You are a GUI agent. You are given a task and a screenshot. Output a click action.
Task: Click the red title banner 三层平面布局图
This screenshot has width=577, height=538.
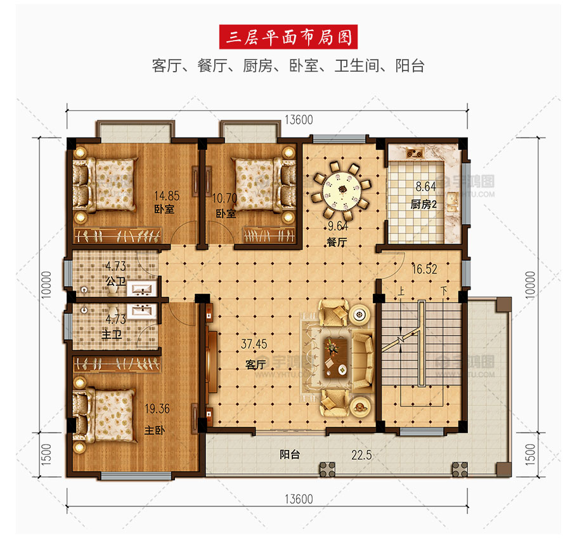(288, 37)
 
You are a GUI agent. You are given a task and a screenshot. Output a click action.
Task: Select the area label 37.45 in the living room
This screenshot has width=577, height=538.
(254, 344)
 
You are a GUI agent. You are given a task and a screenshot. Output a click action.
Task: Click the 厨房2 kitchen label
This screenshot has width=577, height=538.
(424, 204)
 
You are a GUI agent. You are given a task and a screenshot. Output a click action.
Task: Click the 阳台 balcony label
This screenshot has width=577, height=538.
(290, 454)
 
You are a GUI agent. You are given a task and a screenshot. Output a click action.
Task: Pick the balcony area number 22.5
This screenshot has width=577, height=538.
(361, 455)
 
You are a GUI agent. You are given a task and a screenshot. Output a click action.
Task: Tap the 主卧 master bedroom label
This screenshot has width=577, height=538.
(155, 430)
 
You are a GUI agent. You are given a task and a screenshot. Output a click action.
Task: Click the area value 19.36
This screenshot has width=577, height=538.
(157, 409)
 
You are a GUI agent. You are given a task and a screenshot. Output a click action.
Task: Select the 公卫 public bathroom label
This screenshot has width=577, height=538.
(115, 282)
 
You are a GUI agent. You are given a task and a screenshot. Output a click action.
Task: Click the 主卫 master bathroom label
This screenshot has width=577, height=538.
(112, 335)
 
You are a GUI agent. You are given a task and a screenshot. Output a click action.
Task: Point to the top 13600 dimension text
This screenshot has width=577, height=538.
(299, 120)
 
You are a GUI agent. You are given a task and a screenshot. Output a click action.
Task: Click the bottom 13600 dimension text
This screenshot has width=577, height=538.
(299, 499)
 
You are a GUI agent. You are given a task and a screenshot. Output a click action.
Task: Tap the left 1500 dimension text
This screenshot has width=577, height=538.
(46, 454)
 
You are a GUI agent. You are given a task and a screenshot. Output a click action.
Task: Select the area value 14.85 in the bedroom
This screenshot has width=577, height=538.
(167, 195)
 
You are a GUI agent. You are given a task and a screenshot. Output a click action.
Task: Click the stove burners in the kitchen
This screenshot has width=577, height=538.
(415, 152)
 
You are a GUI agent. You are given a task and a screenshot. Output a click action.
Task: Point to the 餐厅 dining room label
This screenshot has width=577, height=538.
(337, 242)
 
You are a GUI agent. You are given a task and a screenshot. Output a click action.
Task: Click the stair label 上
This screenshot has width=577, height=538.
(401, 292)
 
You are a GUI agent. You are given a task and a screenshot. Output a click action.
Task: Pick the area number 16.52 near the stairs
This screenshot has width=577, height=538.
(424, 269)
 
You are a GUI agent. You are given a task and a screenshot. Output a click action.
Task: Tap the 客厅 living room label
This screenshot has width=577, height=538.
(256, 365)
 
